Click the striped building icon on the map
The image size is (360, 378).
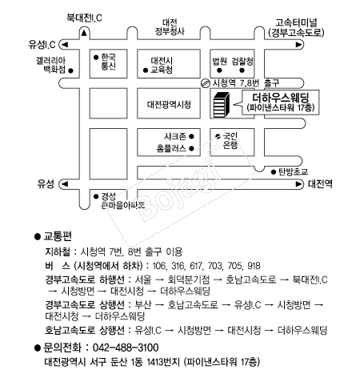(221, 105)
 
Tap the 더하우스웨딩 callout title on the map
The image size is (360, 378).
(281, 98)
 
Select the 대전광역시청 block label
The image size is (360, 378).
(169, 104)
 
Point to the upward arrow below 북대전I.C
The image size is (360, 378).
(84, 33)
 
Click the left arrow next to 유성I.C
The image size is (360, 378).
(65, 44)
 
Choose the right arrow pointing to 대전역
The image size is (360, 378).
(298, 184)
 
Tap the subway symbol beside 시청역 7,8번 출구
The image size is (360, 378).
(205, 83)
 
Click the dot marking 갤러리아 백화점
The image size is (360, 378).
(70, 70)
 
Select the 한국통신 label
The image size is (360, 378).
(108, 62)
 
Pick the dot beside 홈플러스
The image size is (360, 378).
(191, 148)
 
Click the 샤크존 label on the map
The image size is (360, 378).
(175, 136)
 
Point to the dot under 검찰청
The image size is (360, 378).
(242, 70)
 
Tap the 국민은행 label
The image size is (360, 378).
(230, 141)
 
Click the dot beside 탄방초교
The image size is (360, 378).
(274, 172)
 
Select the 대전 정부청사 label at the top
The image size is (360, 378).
(170, 27)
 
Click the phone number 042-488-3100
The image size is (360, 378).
(126, 348)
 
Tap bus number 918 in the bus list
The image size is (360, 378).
(254, 266)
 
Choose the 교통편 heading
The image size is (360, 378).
(58, 236)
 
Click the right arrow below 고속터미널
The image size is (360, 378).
(298, 44)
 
